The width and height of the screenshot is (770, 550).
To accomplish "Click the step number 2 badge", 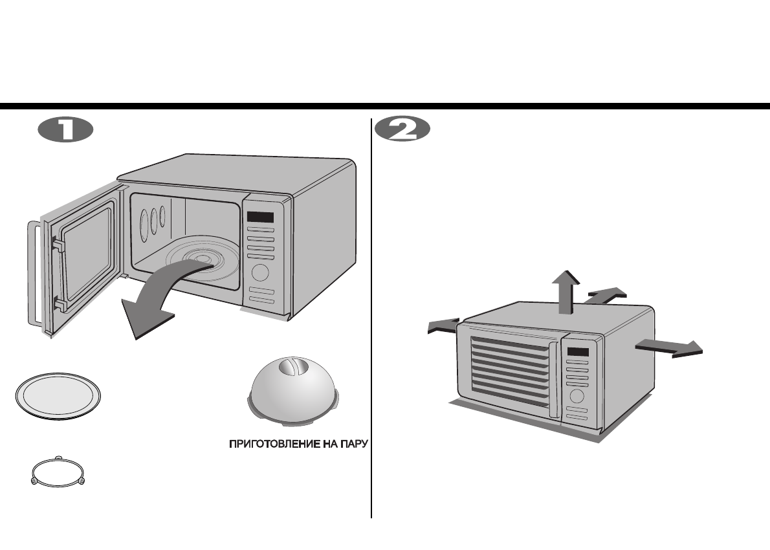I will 402,129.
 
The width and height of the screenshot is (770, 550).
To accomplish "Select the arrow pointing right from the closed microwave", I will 670,347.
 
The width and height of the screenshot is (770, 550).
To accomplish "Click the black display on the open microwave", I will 258,217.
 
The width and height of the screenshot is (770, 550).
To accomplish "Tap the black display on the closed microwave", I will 578,353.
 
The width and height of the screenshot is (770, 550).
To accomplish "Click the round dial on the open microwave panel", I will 260,272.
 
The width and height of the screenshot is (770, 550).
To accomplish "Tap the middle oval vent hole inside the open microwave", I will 154,221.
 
